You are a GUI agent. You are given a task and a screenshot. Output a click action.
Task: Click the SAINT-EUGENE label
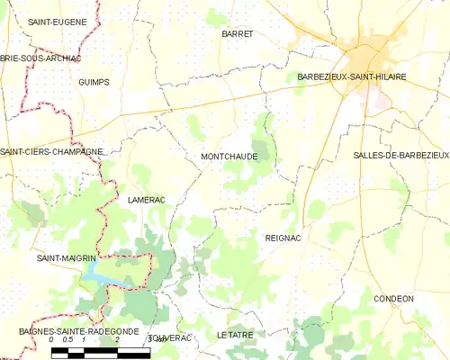point(57,21)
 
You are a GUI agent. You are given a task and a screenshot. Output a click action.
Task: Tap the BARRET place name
point(237,33)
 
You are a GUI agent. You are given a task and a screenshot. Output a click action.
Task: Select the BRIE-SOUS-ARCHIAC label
point(40,58)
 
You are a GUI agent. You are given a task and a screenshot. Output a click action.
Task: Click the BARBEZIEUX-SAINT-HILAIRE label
point(351,77)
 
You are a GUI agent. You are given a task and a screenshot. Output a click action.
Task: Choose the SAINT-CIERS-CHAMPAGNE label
point(51,152)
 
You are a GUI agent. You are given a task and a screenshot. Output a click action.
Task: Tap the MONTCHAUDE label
point(229,157)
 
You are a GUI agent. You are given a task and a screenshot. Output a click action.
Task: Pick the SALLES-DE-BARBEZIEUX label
point(401,156)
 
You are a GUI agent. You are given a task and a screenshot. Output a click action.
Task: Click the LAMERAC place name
point(148,199)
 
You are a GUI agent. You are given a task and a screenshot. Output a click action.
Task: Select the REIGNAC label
point(283,238)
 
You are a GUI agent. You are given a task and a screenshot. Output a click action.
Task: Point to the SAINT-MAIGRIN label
point(65,258)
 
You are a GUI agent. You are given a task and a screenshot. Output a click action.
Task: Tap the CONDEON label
point(393,298)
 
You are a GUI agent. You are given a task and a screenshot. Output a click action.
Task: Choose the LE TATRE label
point(235,335)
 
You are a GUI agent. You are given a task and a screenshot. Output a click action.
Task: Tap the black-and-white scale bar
point(99,352)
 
